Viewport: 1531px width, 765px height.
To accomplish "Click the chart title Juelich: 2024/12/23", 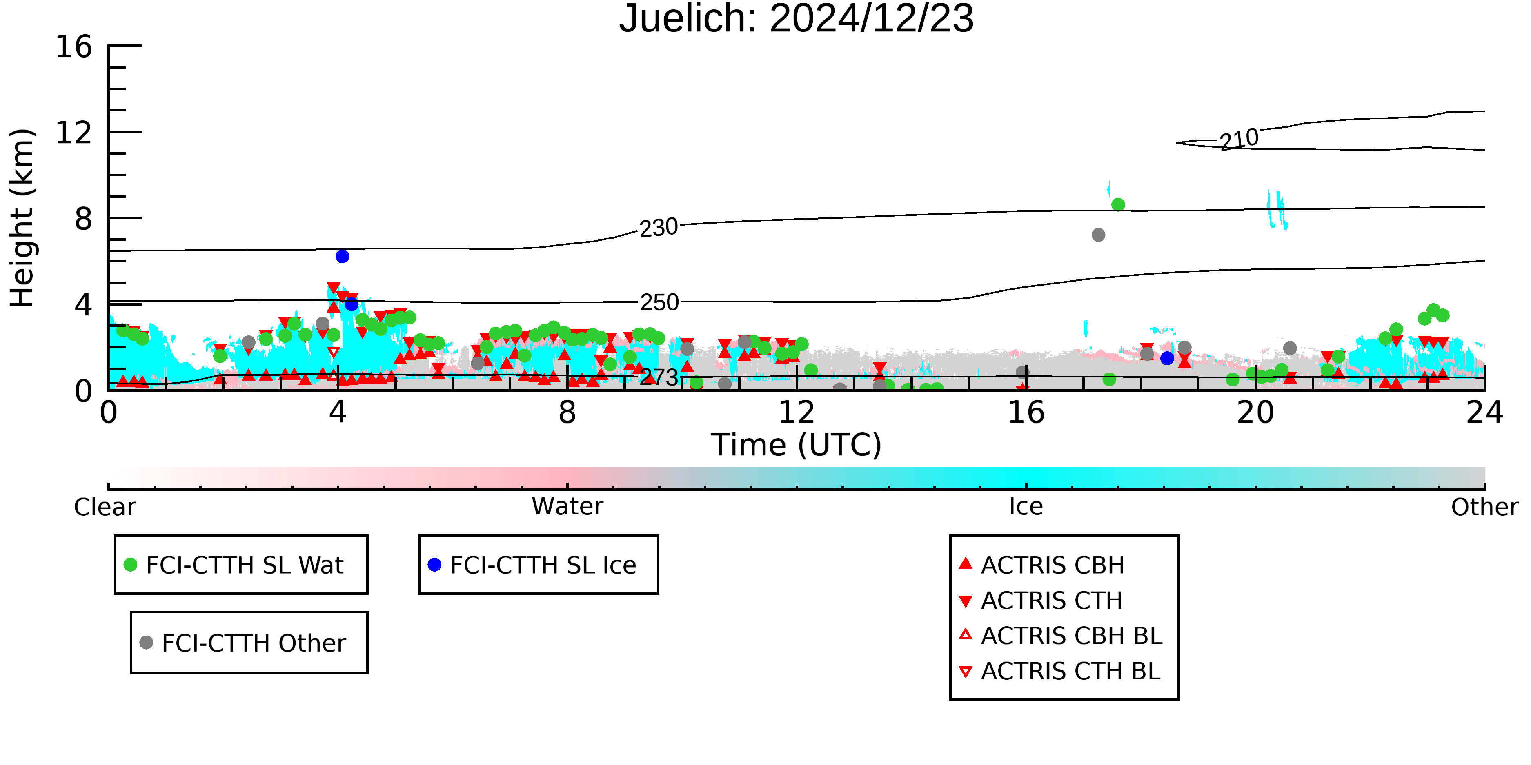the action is [797, 19].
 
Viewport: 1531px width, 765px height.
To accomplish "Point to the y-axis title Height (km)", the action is [22, 218].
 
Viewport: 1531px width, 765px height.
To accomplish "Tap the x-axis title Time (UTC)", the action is [797, 445].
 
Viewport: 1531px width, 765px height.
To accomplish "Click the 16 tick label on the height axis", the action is [74, 47].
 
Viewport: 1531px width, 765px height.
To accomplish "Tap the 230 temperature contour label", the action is [659, 228].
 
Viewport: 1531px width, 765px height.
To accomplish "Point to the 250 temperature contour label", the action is [659, 302].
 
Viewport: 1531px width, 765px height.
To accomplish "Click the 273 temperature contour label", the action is [659, 377].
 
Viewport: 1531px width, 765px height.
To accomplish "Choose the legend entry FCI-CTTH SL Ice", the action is [532, 565].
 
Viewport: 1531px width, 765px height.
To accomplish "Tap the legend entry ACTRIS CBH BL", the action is [1061, 636].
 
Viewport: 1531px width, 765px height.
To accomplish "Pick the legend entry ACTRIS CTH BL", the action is [1060, 671].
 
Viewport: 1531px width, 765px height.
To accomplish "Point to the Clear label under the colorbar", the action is [105, 507].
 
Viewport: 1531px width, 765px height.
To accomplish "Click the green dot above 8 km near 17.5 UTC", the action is [1118, 205].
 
